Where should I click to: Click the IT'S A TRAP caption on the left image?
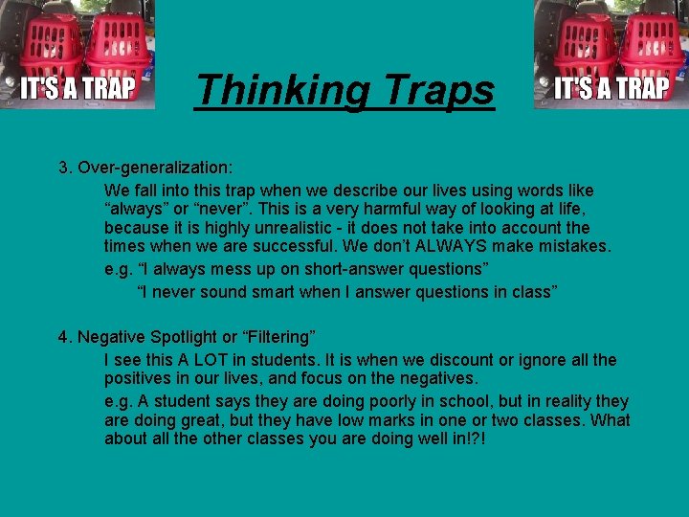(x=79, y=89)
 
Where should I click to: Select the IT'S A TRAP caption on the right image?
(x=612, y=89)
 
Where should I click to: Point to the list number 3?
(x=64, y=168)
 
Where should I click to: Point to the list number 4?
(x=64, y=337)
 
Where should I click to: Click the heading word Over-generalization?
(x=150, y=168)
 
